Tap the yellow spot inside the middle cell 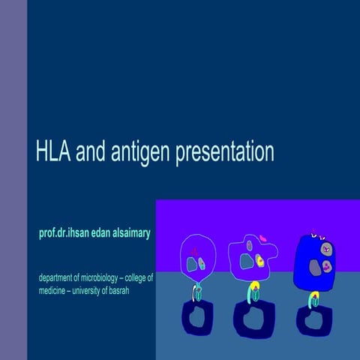(259, 261)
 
